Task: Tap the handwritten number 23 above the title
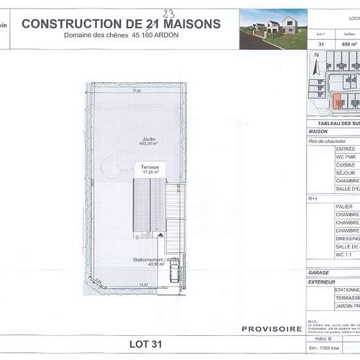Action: click(170, 11)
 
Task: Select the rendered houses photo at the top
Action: click(272, 29)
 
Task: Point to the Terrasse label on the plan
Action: click(150, 168)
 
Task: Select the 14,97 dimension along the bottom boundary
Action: click(143, 284)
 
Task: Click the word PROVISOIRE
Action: click(272, 329)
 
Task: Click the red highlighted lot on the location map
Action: click(337, 101)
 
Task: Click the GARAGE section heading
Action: click(318, 272)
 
